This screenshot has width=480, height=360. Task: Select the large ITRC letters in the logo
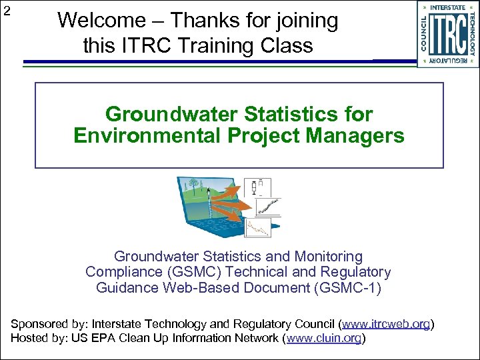click(x=447, y=34)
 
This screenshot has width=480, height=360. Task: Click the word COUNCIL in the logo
click(x=425, y=33)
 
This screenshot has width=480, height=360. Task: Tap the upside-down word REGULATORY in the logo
click(x=447, y=60)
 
